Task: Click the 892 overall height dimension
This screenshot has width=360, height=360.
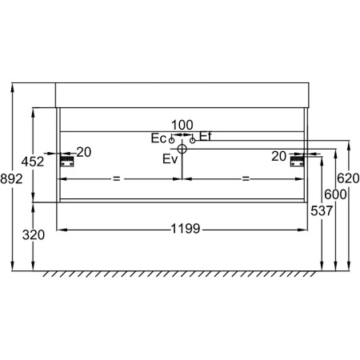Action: point(11,178)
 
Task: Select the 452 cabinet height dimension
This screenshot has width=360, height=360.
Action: point(33,162)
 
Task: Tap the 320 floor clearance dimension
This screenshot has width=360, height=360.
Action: point(34,235)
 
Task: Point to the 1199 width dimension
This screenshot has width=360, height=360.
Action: point(186,229)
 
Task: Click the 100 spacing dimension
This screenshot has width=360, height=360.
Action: point(182,125)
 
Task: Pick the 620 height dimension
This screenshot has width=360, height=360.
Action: point(348,178)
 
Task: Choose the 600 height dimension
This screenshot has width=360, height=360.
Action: point(335,194)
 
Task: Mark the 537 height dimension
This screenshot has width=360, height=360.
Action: point(322,210)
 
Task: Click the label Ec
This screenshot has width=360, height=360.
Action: point(158,138)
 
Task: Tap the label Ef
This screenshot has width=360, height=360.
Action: point(206,136)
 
